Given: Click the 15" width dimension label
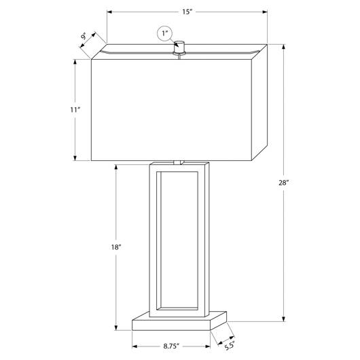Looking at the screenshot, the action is (187, 12).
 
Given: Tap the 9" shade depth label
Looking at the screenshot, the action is (84, 36).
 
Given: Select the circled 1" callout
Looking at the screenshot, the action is (164, 34).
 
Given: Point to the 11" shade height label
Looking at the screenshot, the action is (75, 110).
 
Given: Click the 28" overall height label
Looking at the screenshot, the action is (283, 183).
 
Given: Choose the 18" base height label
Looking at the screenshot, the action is (116, 247).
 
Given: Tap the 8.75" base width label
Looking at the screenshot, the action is (171, 346).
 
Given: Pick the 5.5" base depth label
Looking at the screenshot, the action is (230, 346).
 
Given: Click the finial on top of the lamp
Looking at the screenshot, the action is (179, 48).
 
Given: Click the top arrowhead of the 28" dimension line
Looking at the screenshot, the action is (284, 47).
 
